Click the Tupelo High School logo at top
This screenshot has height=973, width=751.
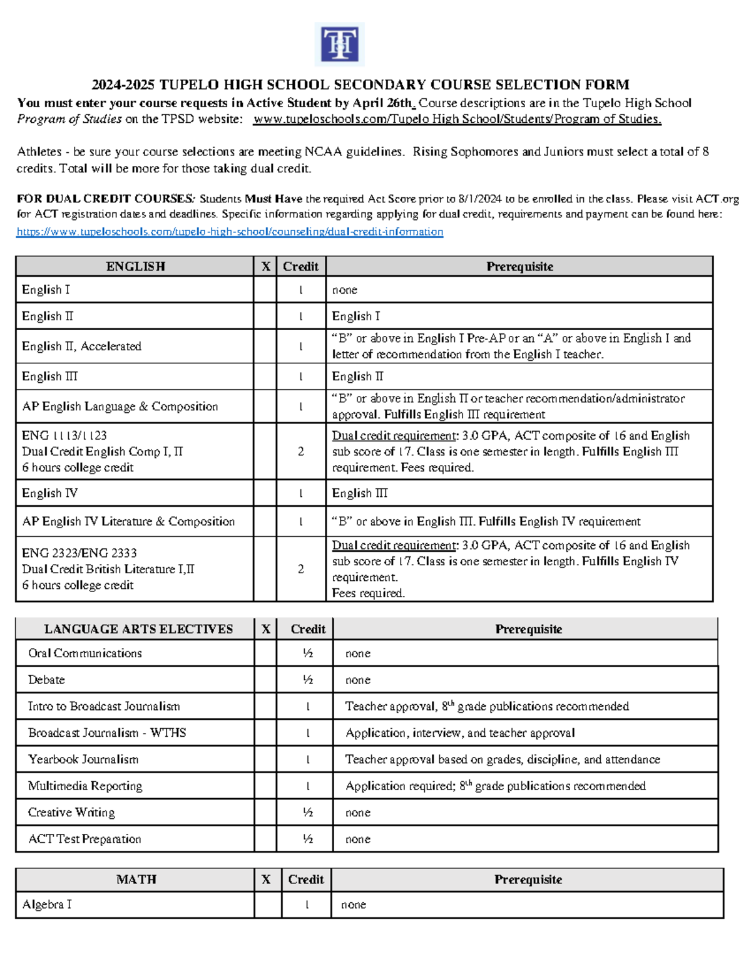click(x=339, y=44)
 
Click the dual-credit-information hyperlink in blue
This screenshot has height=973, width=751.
click(x=230, y=232)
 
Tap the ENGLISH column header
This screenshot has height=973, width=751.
click(x=135, y=266)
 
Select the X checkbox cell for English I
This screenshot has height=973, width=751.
click(x=265, y=289)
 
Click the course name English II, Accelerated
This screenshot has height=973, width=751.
click(x=81, y=346)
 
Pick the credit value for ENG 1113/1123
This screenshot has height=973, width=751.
click(x=300, y=452)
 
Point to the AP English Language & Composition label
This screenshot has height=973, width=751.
click(x=120, y=407)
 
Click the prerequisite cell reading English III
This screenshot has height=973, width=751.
click(x=360, y=493)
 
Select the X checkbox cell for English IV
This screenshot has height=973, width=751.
click(x=265, y=493)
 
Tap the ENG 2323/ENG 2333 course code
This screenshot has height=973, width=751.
click(x=79, y=553)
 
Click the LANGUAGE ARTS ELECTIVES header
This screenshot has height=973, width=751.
click(x=138, y=629)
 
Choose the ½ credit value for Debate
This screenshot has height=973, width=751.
click(x=307, y=680)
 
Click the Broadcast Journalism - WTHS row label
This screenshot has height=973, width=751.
click(x=107, y=733)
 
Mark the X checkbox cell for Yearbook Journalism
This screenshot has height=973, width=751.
click(x=265, y=759)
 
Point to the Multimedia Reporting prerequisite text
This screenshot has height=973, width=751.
click(x=495, y=786)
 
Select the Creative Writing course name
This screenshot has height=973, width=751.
click(x=71, y=813)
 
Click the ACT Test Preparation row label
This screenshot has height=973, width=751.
click(x=84, y=839)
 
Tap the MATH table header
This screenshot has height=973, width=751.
click(x=136, y=880)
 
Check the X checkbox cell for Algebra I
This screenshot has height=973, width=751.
click(x=267, y=905)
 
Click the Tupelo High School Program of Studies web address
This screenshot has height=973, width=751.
click(x=457, y=119)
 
